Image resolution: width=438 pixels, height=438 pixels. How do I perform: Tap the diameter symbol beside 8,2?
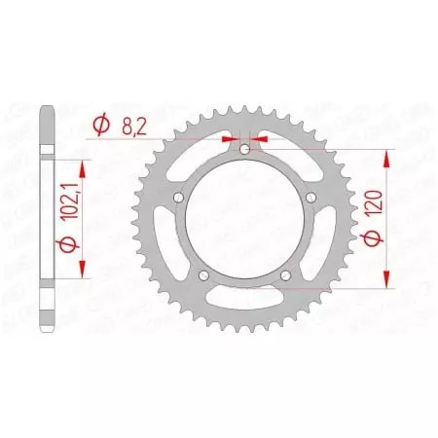click(x=100, y=125)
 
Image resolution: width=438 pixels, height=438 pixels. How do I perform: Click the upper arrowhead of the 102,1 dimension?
click(x=82, y=168)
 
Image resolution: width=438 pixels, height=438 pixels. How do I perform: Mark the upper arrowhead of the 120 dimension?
click(x=390, y=156)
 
